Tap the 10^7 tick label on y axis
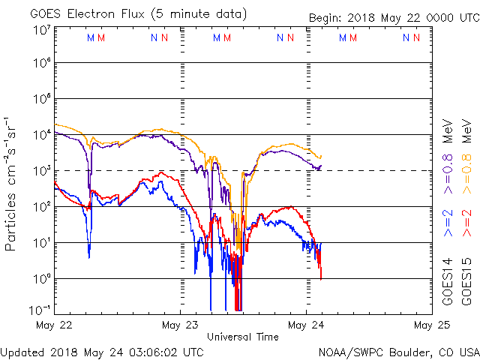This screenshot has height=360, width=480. [x=40, y=30]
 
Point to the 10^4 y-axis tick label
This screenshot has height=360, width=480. [x=40, y=135]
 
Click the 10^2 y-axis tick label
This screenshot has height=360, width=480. [x=40, y=207]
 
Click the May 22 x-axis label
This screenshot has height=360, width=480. [x=54, y=325]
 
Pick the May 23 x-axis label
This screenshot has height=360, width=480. [x=181, y=325]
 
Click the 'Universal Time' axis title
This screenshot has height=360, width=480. [x=243, y=337]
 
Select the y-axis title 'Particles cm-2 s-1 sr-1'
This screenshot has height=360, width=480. [x=13, y=183]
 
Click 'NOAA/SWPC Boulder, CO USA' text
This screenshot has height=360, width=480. [x=398, y=351]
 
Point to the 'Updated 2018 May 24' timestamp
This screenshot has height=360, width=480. [x=101, y=351]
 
